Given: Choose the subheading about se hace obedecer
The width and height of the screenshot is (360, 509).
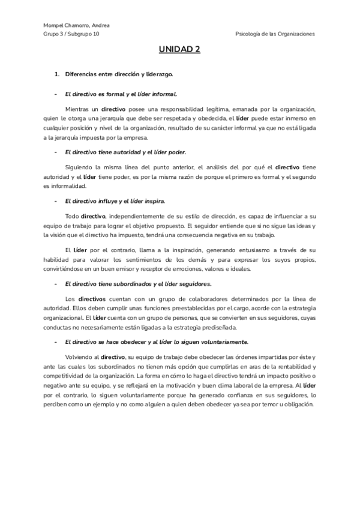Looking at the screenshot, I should pos(156,341).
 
